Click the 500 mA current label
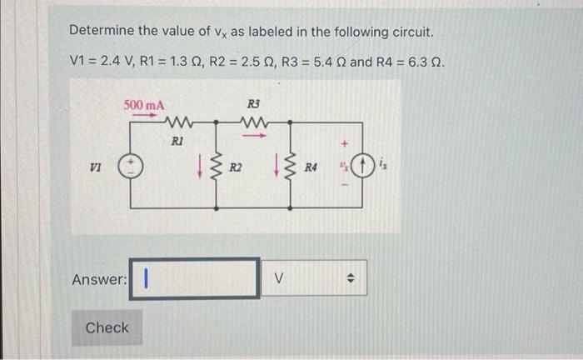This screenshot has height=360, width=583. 144,105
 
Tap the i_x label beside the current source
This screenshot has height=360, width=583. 383,167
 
